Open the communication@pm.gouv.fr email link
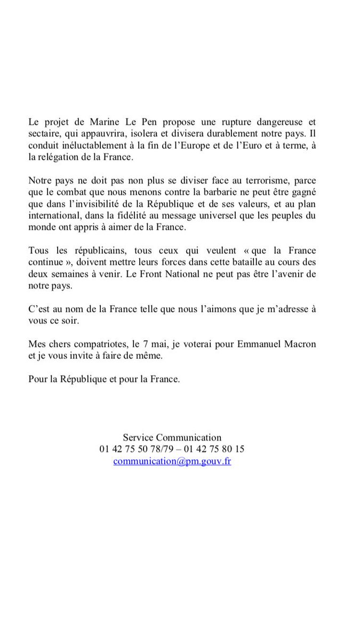(172, 461)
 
